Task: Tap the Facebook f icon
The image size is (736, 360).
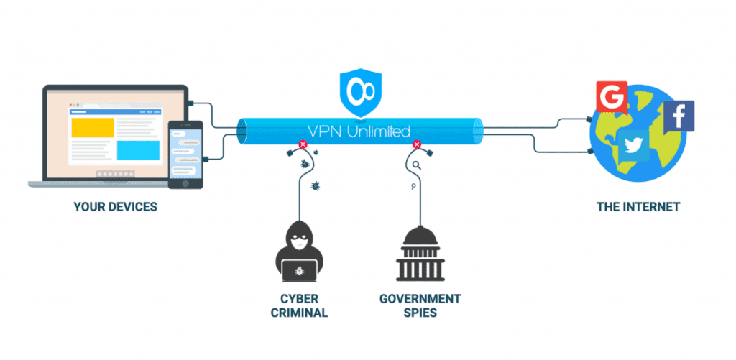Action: click(x=678, y=116)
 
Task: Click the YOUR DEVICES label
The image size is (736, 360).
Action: click(x=115, y=207)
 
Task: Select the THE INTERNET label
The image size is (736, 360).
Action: click(x=638, y=207)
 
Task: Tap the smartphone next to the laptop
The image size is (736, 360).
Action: click(x=185, y=154)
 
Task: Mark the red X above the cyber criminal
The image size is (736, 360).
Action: click(x=303, y=144)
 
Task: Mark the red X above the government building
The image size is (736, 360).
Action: click(x=415, y=144)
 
